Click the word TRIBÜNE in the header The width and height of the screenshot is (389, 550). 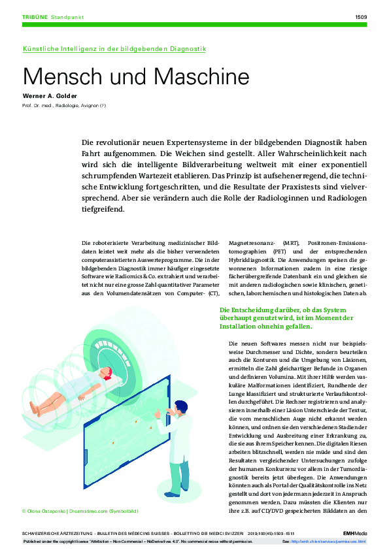click(34, 17)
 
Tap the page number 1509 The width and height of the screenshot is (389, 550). click(360, 17)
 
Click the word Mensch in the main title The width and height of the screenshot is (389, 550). click(56, 76)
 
